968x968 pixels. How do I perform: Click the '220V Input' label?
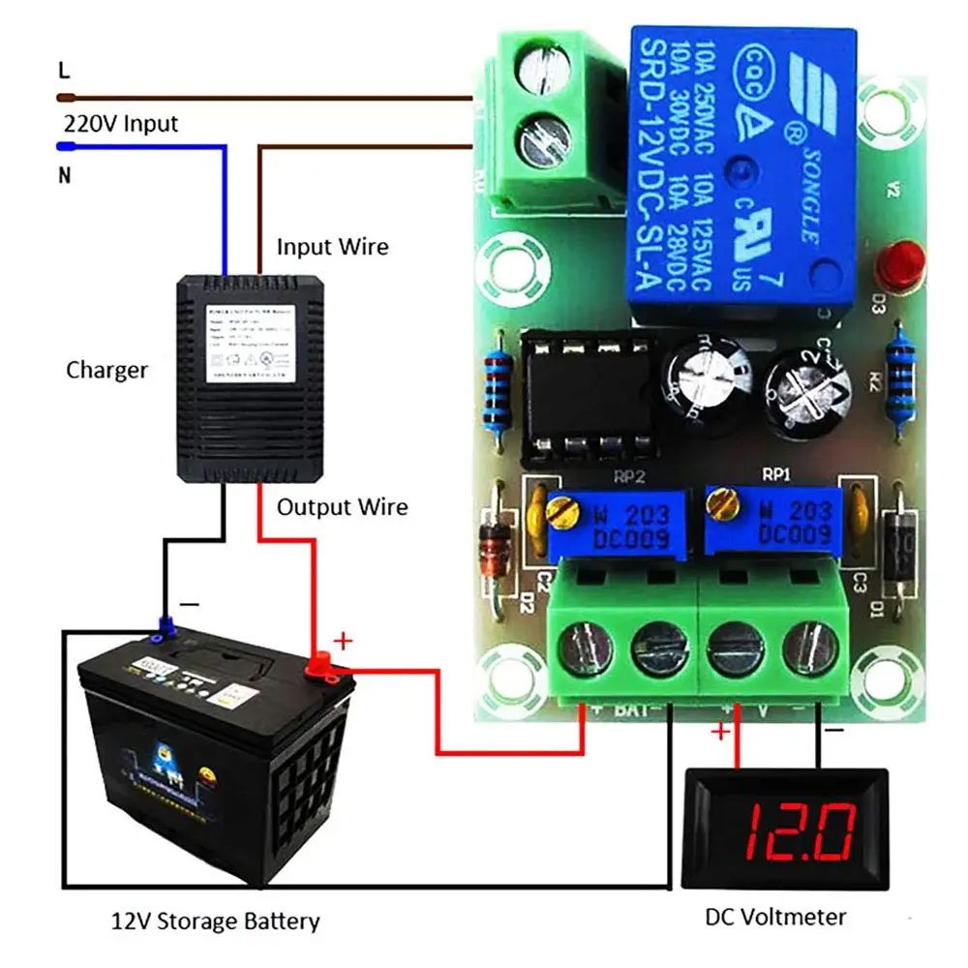[x=121, y=124]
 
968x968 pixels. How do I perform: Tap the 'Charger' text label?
[x=106, y=370]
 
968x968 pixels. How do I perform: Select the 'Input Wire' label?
[x=332, y=247]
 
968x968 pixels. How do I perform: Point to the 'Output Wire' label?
[x=342, y=507]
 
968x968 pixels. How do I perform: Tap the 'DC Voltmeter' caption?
[x=774, y=916]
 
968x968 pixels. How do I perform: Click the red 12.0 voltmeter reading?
[x=799, y=830]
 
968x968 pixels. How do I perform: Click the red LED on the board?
[x=899, y=263]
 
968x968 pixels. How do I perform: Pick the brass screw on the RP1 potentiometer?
[x=717, y=501]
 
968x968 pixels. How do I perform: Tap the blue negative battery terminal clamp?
[x=166, y=629]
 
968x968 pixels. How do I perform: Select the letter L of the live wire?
[x=65, y=71]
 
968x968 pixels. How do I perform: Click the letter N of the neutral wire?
[x=65, y=175]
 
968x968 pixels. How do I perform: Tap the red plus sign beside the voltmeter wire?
[x=719, y=732]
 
